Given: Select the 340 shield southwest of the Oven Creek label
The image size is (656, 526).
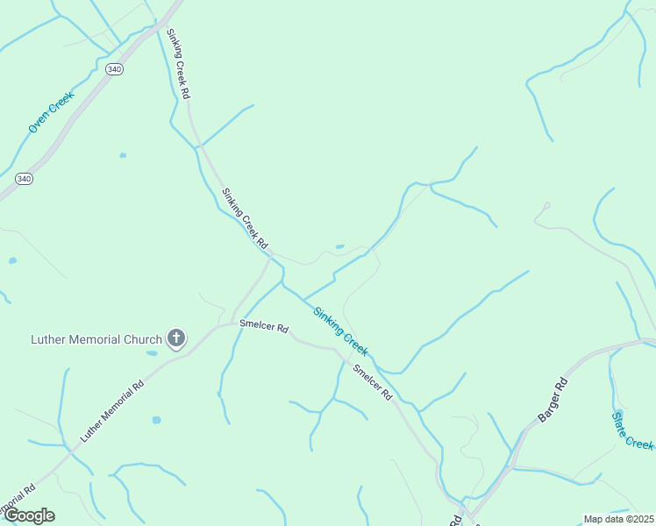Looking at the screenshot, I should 24,179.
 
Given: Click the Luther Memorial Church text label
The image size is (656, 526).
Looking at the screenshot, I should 96,339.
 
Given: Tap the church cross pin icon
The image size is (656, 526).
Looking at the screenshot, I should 176,338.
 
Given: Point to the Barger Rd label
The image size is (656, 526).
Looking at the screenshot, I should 553,400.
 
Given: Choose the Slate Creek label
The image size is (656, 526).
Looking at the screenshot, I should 633,430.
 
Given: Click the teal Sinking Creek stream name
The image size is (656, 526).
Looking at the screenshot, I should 341,331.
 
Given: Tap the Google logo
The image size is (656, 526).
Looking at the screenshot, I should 29,515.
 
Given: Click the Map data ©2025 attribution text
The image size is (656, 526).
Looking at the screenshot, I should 618,519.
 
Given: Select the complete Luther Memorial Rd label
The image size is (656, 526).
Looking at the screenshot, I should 111,411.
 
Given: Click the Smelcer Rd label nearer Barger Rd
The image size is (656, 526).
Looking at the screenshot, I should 373,382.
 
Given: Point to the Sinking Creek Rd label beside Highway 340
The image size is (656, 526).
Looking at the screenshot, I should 177,62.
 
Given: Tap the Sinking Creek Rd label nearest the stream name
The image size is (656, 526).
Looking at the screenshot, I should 244,218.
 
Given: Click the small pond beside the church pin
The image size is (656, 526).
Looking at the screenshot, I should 153,353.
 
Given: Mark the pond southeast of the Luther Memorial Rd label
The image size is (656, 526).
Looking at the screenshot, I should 156,420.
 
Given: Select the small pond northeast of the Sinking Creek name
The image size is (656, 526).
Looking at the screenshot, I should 339,246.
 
